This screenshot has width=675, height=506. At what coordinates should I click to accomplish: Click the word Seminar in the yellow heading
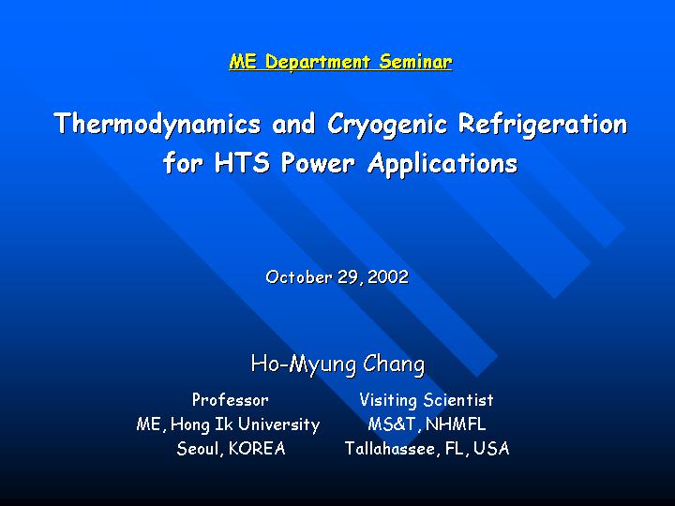[415, 62]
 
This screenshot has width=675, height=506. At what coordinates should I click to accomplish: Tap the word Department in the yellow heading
[318, 63]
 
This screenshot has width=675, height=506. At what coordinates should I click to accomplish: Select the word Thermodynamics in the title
[157, 125]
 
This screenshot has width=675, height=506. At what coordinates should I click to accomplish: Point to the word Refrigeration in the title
[543, 124]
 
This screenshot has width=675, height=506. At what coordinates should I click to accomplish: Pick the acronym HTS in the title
[243, 163]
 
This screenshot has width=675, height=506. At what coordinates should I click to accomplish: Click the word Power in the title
[318, 163]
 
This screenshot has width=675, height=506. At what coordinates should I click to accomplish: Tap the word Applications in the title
[442, 164]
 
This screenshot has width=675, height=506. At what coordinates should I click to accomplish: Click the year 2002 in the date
[388, 276]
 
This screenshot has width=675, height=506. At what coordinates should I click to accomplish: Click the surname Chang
[394, 365]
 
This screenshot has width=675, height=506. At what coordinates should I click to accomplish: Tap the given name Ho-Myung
[304, 365]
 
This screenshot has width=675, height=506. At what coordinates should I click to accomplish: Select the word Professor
[231, 400]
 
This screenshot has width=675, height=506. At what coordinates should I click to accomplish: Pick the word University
[279, 424]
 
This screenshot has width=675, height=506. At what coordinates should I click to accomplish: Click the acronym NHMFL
[456, 424]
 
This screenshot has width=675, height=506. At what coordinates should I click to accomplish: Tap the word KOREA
[257, 448]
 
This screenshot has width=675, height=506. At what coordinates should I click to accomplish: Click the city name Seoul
[199, 449]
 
